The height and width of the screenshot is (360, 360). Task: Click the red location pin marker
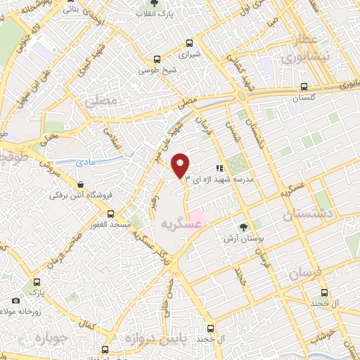(181, 165)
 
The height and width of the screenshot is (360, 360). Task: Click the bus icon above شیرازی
(188, 43)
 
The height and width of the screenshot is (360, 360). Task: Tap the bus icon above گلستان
(303, 87)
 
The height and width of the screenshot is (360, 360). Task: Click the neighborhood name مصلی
(98, 101)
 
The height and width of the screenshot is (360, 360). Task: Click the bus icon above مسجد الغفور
(110, 214)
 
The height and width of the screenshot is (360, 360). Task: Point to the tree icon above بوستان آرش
(243, 227)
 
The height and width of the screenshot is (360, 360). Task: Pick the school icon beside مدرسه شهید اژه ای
(219, 169)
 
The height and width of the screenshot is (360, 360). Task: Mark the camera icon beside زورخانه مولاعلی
(15, 301)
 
